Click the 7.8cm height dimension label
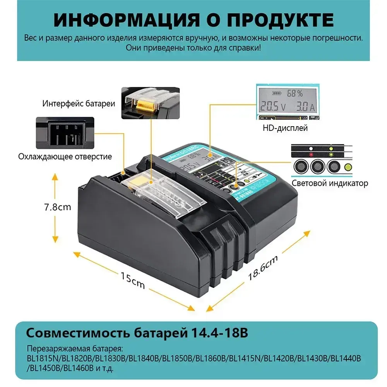(x=57, y=207)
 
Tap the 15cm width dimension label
(x=132, y=280)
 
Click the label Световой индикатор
(x=330, y=183)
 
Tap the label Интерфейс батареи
(x=79, y=104)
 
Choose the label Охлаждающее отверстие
(x=65, y=156)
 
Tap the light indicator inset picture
(x=321, y=160)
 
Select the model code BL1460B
(x=80, y=368)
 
